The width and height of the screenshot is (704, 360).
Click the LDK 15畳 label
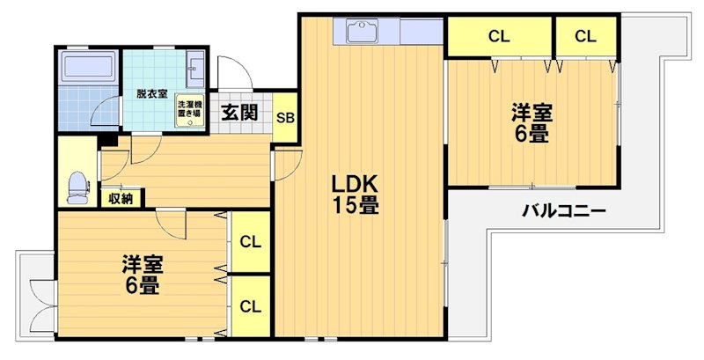[x=355, y=195]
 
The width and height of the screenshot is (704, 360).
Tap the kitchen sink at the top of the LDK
[x=361, y=32]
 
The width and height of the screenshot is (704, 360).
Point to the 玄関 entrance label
[x=239, y=112]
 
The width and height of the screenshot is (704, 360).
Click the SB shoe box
[x=284, y=118]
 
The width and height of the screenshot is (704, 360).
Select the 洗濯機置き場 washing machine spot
[x=188, y=112]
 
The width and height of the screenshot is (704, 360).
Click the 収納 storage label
[x=121, y=199]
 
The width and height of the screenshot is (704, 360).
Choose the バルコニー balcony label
[x=563, y=211]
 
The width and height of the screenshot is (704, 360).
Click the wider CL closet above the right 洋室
[x=499, y=36]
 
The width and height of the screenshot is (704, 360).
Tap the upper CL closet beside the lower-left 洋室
[x=251, y=241]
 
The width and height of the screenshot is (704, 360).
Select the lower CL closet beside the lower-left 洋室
[x=251, y=306]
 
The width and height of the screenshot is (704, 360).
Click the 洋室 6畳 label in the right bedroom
[x=532, y=123]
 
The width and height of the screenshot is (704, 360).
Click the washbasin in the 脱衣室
[x=195, y=67]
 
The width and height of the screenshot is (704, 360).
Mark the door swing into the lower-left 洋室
[x=172, y=224]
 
